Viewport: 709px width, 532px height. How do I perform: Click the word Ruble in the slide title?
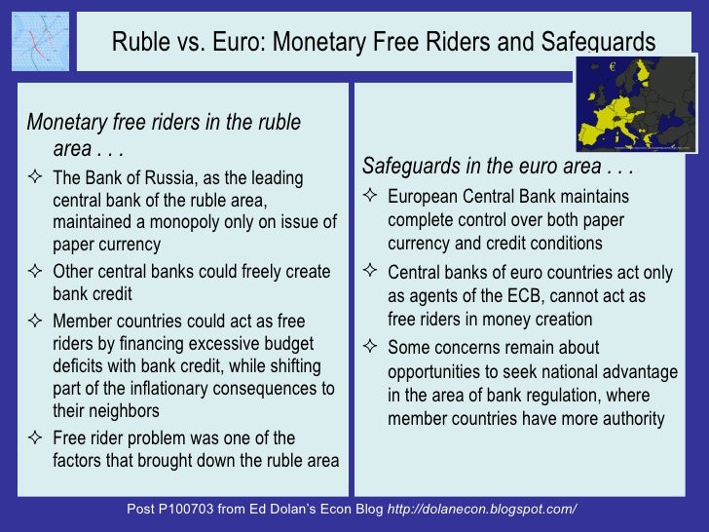(x=140, y=42)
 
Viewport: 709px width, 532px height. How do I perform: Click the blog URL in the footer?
(x=482, y=510)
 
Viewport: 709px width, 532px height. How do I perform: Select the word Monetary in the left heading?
(x=66, y=124)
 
